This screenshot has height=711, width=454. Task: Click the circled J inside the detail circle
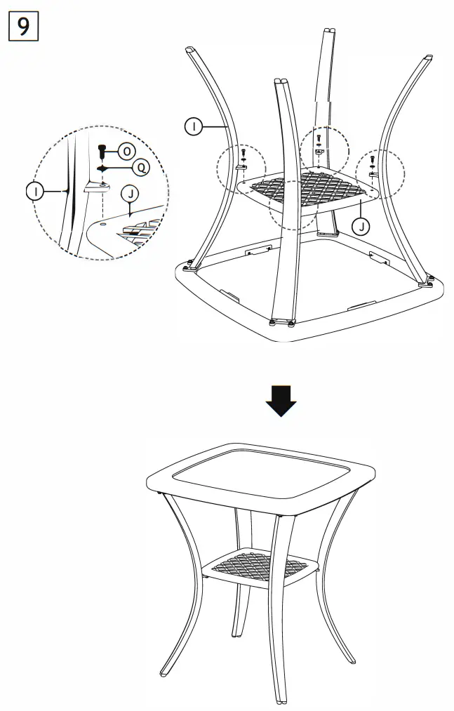pyautogui.click(x=128, y=194)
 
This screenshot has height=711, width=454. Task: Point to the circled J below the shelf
pyautogui.click(x=360, y=225)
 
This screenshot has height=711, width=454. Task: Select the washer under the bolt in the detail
pyautogui.click(x=102, y=168)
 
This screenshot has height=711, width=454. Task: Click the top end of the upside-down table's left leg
pyautogui.click(x=190, y=51)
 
